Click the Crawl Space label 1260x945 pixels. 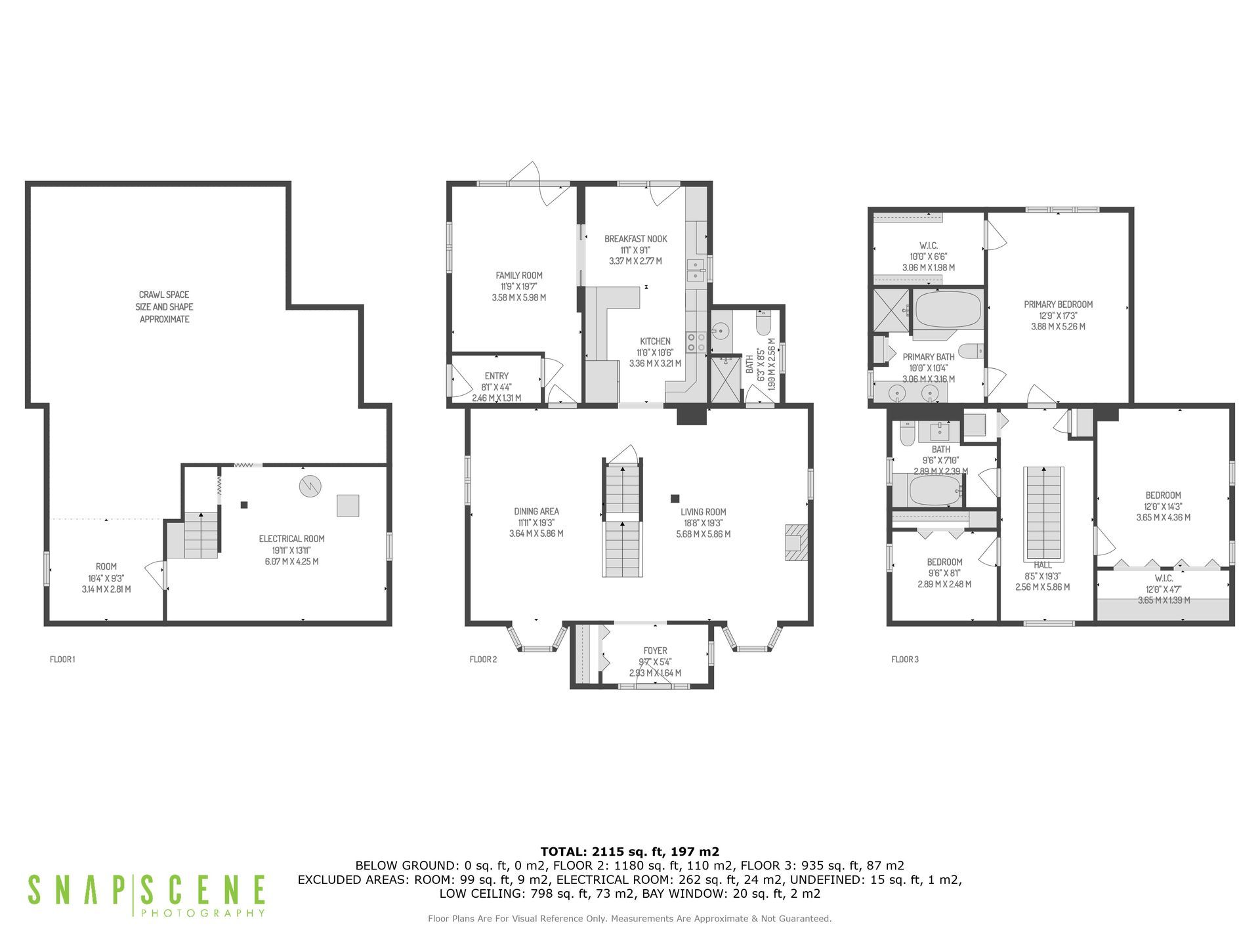[x=164, y=307]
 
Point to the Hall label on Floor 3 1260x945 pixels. [x=1042, y=565]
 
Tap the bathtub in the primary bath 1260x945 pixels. [x=948, y=310]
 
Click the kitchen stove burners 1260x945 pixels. [x=696, y=342]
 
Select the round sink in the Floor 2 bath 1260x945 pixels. [x=719, y=329]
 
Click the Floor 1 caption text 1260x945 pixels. [x=62, y=659]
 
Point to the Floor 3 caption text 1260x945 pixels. [x=904, y=659]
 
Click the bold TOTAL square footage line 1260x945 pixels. [x=629, y=852]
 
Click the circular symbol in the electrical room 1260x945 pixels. [x=309, y=486]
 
